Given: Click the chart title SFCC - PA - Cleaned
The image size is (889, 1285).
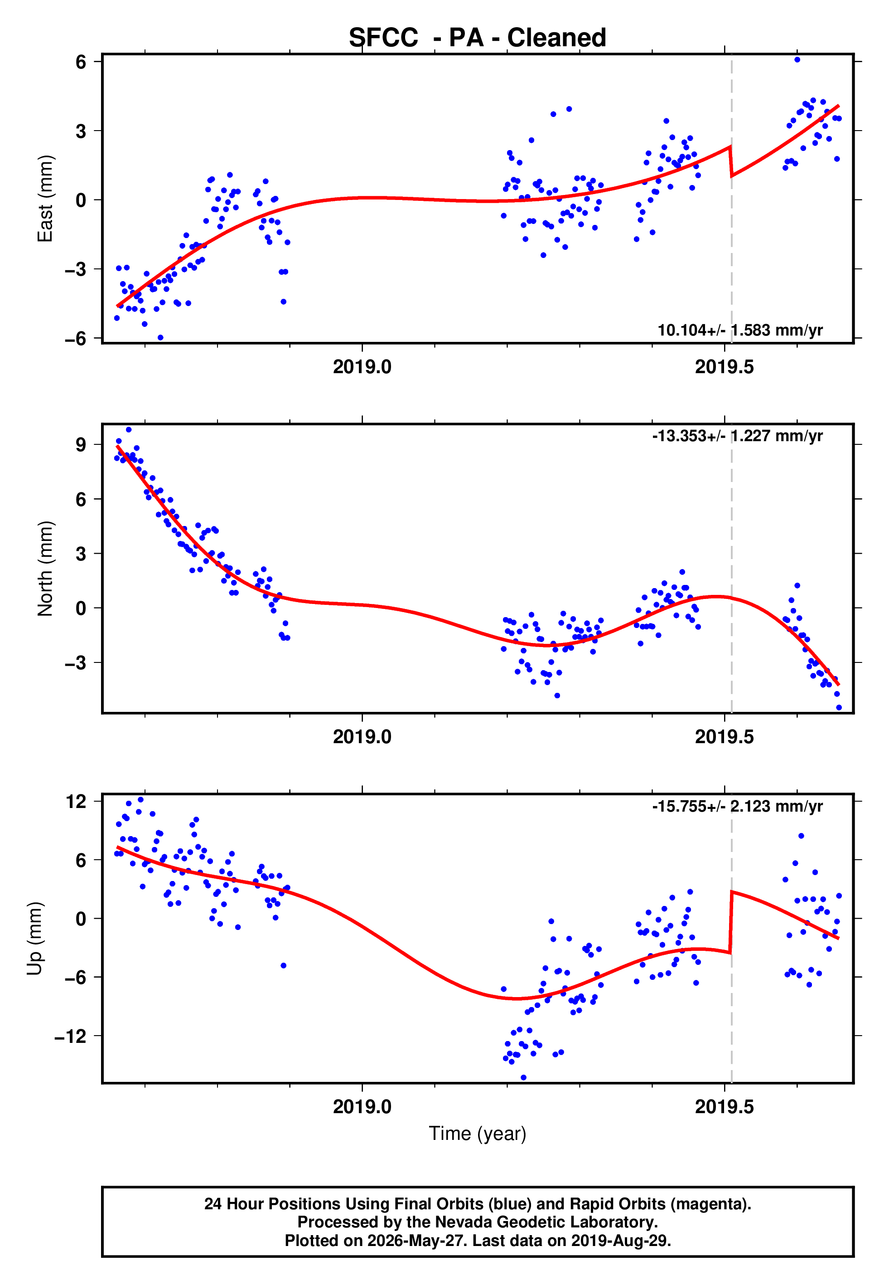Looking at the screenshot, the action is tap(478, 38).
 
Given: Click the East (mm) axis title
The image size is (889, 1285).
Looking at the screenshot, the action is tap(45, 199).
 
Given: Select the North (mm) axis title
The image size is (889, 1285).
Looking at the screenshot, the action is tap(45, 569).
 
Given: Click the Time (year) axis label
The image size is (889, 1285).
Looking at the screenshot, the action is tap(478, 1134).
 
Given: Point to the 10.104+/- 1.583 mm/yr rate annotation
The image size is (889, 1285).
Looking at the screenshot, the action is tap(740, 330).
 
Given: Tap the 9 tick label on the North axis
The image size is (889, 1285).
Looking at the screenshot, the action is tap(81, 444).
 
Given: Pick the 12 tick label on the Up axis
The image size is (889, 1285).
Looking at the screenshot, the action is tap(76, 801).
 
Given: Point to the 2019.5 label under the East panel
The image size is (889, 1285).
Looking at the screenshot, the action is tap(724, 367).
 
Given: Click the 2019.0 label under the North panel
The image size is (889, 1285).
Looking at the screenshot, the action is tap(362, 737).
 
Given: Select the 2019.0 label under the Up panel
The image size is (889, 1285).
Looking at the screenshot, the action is tap(362, 1107).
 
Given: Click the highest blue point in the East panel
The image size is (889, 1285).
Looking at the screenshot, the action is tap(797, 59).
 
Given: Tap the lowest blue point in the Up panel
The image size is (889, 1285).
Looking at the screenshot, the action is tap(523, 1078).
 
